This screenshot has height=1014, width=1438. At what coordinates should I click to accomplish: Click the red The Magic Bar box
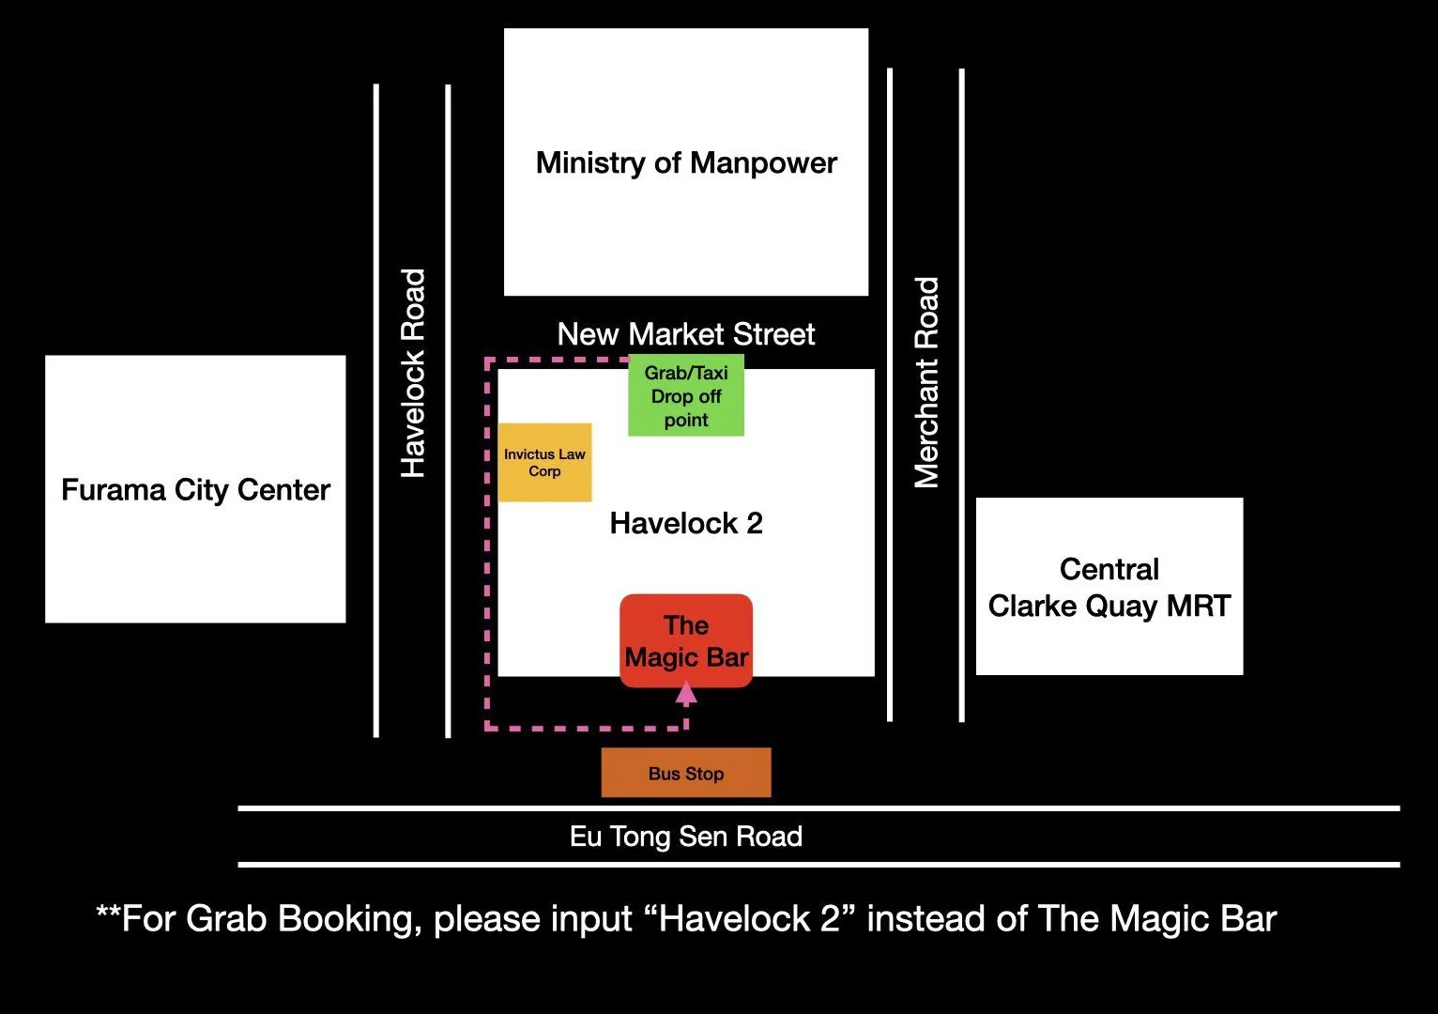pyautogui.click(x=686, y=641)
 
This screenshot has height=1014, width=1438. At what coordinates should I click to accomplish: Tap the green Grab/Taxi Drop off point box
pyautogui.click(x=686, y=395)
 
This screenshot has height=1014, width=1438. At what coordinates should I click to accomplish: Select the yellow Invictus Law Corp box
pyautogui.click(x=544, y=462)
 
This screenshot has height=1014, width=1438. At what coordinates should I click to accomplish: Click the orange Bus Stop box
pyautogui.click(x=686, y=773)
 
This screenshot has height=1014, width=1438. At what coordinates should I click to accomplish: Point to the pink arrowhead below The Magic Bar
pyautogui.click(x=686, y=694)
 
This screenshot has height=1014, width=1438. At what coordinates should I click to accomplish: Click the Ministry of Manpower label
pyautogui.click(x=686, y=163)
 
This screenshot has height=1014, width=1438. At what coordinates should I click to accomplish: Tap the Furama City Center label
pyautogui.click(x=195, y=490)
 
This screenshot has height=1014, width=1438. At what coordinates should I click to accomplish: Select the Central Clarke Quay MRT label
pyautogui.click(x=1109, y=588)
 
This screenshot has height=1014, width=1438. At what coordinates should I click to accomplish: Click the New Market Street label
pyautogui.click(x=686, y=334)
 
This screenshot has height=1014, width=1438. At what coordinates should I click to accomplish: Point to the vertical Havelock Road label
pyautogui.click(x=413, y=373)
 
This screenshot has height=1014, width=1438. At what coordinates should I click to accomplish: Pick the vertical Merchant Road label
pyautogui.click(x=926, y=382)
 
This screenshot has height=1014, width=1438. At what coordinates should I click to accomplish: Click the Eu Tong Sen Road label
pyautogui.click(x=686, y=837)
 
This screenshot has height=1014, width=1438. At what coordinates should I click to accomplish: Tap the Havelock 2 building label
pyautogui.click(x=686, y=523)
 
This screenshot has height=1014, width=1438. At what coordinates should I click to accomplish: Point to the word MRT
pyautogui.click(x=1199, y=607)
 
